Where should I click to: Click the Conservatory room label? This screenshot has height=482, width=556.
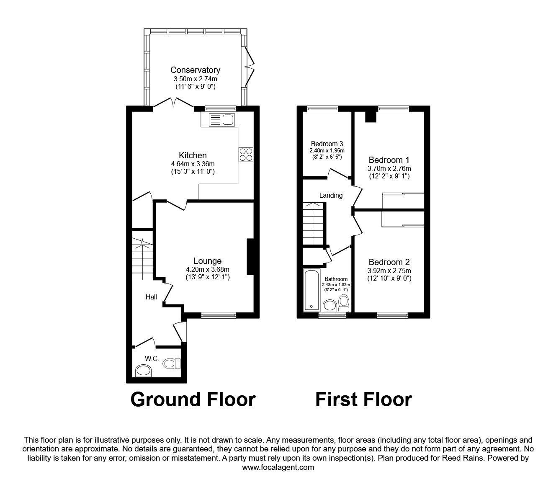coord(195,70)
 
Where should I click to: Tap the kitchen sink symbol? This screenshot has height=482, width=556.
coord(219,120)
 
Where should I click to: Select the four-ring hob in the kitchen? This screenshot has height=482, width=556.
coord(246,155)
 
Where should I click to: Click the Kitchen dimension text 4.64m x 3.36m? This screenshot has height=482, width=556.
coord(193,164)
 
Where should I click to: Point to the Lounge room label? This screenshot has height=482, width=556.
coord(207,261)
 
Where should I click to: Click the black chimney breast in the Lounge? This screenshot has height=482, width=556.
coord(250,257)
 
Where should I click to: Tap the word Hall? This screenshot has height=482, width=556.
coord(151,297)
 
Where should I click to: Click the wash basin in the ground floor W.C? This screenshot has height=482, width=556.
coord(144,370)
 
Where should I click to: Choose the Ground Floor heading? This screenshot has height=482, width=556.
coord(193,399)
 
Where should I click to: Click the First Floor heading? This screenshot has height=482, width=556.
coord(363,399)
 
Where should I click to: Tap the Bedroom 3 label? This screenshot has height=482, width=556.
coord(327,144)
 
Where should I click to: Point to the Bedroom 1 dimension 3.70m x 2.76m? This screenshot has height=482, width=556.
coord(389,168)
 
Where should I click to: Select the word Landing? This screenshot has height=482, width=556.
coord(331,195)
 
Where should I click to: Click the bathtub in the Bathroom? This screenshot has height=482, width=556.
coord(311,290)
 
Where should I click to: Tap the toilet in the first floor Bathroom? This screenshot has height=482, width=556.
coord(344,301)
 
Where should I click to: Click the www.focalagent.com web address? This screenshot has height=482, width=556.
coord(278,467)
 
